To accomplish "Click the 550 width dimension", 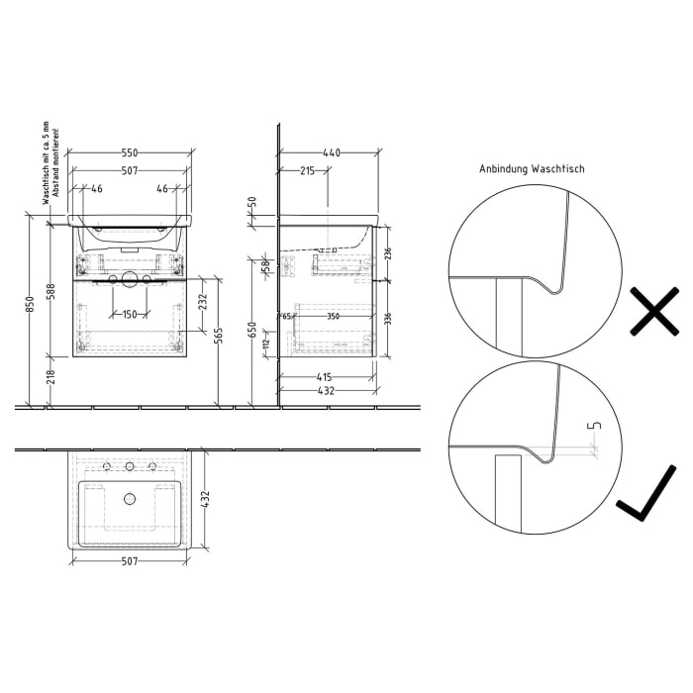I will point(130,152).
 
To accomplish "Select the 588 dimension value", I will point(52,294).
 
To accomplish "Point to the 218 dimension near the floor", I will point(52,376).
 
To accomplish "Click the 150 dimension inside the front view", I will point(130,314).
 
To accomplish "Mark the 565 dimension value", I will point(219,337).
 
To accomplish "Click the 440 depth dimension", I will point(332,152).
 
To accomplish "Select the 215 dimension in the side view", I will point(307,171).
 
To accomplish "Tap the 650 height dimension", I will point(252,328).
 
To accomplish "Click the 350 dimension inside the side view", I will point(333,316).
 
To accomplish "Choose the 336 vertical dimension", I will point(387,318).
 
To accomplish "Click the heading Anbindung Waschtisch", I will point(532,169).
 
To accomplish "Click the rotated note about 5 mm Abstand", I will point(50,165).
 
